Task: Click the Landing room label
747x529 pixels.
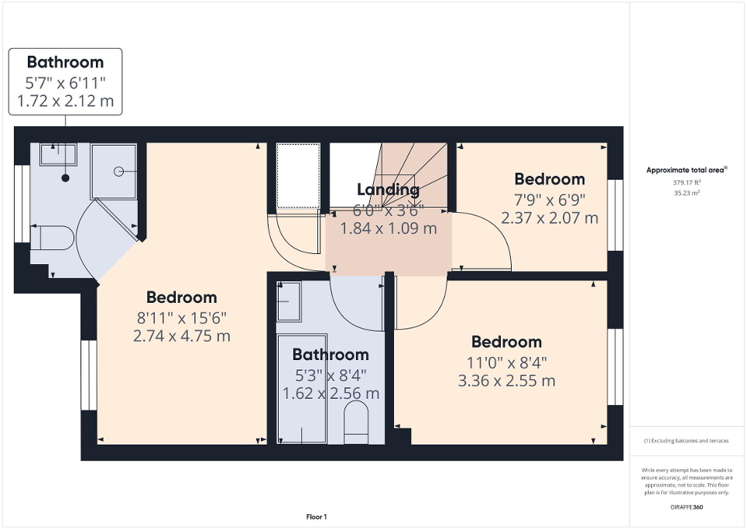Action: pyautogui.click(x=388, y=189)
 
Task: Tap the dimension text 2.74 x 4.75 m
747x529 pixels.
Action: pyautogui.click(x=182, y=336)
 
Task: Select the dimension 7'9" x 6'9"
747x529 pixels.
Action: pyautogui.click(x=550, y=199)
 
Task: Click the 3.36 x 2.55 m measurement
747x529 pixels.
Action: pyautogui.click(x=506, y=380)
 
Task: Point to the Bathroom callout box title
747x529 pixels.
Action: pyautogui.click(x=65, y=62)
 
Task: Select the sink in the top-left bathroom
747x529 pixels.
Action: pyautogui.click(x=59, y=154)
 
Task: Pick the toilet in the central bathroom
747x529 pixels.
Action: pyautogui.click(x=356, y=424)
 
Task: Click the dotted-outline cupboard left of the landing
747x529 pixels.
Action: pyautogui.click(x=298, y=175)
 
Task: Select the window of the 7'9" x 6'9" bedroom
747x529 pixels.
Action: pyautogui.click(x=615, y=215)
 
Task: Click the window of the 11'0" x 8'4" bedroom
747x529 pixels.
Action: pyautogui.click(x=615, y=366)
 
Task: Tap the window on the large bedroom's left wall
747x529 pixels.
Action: pyautogui.click(x=89, y=375)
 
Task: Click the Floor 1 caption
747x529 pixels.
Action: pyautogui.click(x=315, y=517)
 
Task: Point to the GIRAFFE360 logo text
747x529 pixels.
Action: pyautogui.click(x=687, y=507)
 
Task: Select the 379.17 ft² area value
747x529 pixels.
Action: pyautogui.click(x=687, y=183)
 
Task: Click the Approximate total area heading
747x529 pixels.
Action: pyautogui.click(x=687, y=170)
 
